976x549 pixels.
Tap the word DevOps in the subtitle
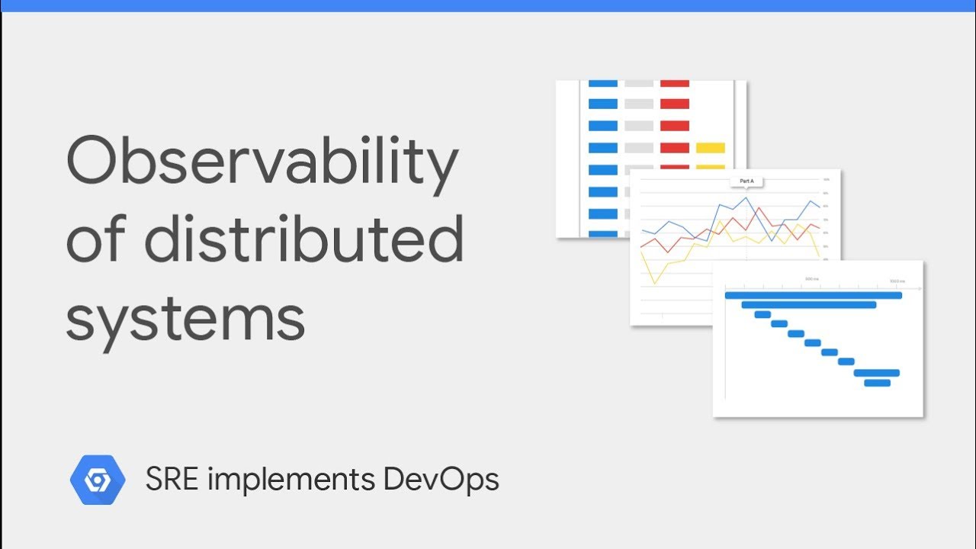tap(441, 480)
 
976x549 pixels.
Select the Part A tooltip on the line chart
tap(746, 181)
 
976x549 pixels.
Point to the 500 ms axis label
tap(812, 279)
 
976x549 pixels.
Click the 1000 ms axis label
tap(897, 279)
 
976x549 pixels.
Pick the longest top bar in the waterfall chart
tap(813, 295)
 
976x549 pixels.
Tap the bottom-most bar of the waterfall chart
tap(877, 383)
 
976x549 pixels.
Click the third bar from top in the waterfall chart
tap(762, 314)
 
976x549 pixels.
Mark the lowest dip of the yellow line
tap(655, 284)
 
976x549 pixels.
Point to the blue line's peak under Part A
tap(746, 198)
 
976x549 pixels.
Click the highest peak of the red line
tap(759, 208)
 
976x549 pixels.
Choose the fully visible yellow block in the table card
tap(711, 148)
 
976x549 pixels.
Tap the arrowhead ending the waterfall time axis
tap(920, 290)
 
